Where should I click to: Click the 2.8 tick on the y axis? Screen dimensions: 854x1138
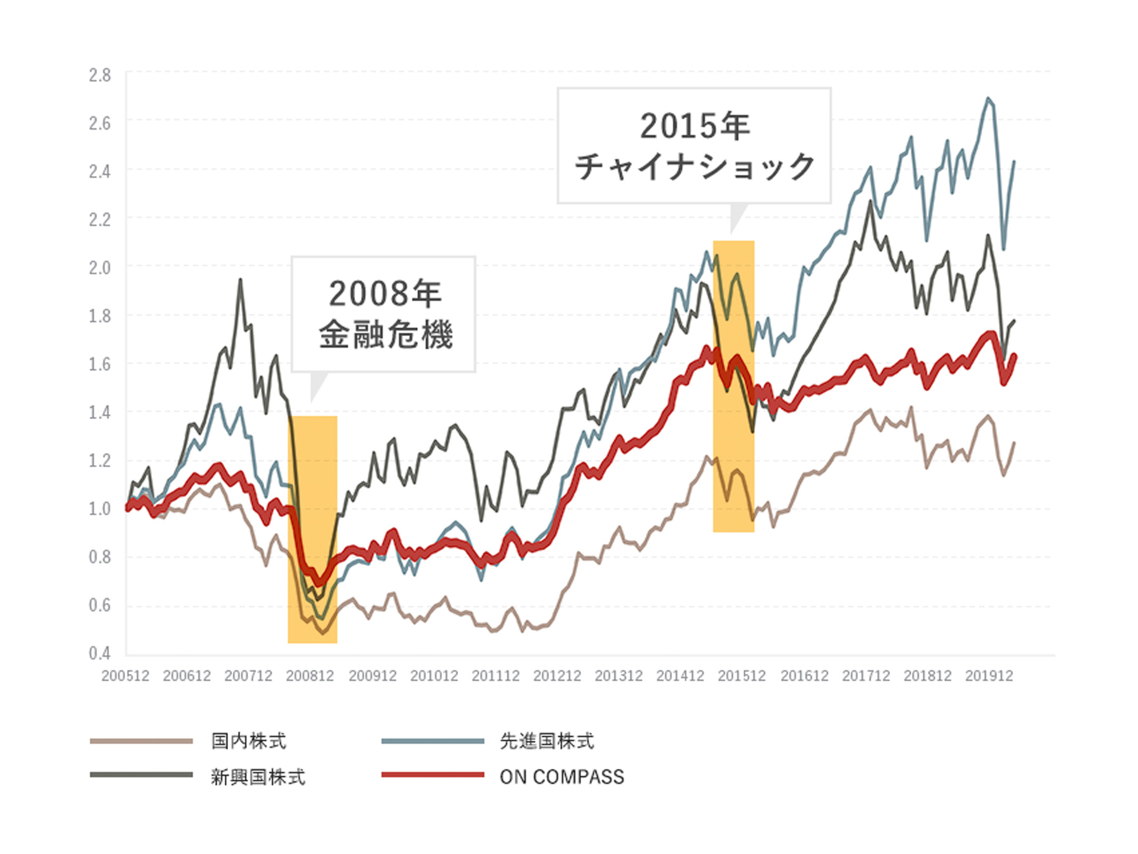100,76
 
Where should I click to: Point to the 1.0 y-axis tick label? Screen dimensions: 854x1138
100,509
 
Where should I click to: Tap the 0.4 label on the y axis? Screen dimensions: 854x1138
100,653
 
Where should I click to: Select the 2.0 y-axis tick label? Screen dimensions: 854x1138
100,268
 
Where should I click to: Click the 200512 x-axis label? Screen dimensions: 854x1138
125,676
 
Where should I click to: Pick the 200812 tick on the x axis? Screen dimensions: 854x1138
310,676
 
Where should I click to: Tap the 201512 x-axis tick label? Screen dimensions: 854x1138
742,676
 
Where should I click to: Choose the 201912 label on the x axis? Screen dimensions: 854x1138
989,676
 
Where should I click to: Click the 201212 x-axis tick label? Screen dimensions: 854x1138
557,676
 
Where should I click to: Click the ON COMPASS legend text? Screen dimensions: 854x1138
562,777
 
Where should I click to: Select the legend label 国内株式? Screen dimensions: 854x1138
249,741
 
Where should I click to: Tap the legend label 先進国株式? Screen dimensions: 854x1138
547,741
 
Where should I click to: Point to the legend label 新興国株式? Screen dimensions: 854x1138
258,777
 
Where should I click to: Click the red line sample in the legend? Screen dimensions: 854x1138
432,775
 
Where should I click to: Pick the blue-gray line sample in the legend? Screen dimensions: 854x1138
432,741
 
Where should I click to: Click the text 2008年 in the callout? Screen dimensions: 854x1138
385,294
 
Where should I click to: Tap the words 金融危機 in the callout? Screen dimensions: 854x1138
385,335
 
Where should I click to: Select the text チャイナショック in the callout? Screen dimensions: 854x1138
695,166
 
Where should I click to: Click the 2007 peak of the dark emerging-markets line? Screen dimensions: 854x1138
240,280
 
